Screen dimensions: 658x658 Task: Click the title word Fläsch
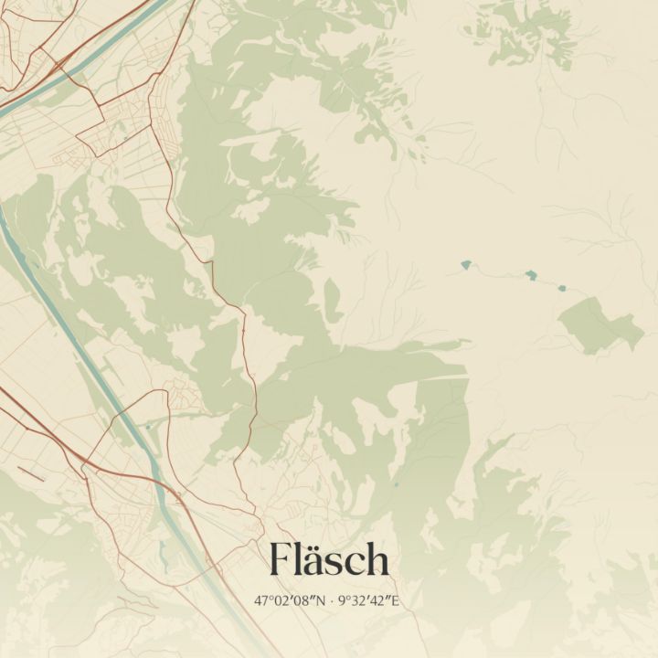[329, 559]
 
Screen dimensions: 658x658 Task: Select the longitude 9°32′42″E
[369, 601]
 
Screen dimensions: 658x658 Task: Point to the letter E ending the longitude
[396, 601]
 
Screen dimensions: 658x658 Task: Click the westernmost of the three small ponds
[466, 265]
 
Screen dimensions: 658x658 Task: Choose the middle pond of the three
[530, 274]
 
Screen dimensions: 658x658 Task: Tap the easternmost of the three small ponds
[562, 288]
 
